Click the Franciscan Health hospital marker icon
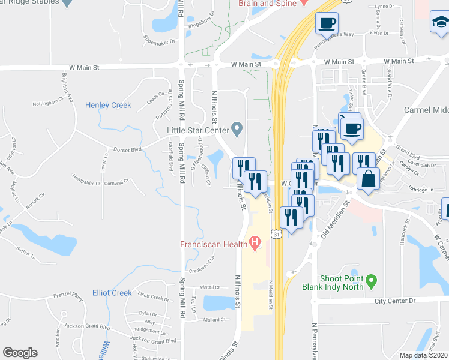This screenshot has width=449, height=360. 255,244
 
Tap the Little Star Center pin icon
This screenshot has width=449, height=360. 238,129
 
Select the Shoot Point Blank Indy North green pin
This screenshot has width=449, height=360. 372,280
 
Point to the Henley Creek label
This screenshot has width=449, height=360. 108,105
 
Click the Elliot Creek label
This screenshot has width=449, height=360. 112,293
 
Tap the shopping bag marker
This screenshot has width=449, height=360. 367,179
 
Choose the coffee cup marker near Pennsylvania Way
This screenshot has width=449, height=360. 327,23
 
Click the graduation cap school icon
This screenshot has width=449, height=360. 439,23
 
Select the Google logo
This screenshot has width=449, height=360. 20,353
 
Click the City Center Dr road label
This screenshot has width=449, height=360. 395,301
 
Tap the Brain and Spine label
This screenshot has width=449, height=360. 267,4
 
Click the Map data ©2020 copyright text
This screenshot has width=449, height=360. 423,355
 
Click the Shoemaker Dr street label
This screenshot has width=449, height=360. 158,41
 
